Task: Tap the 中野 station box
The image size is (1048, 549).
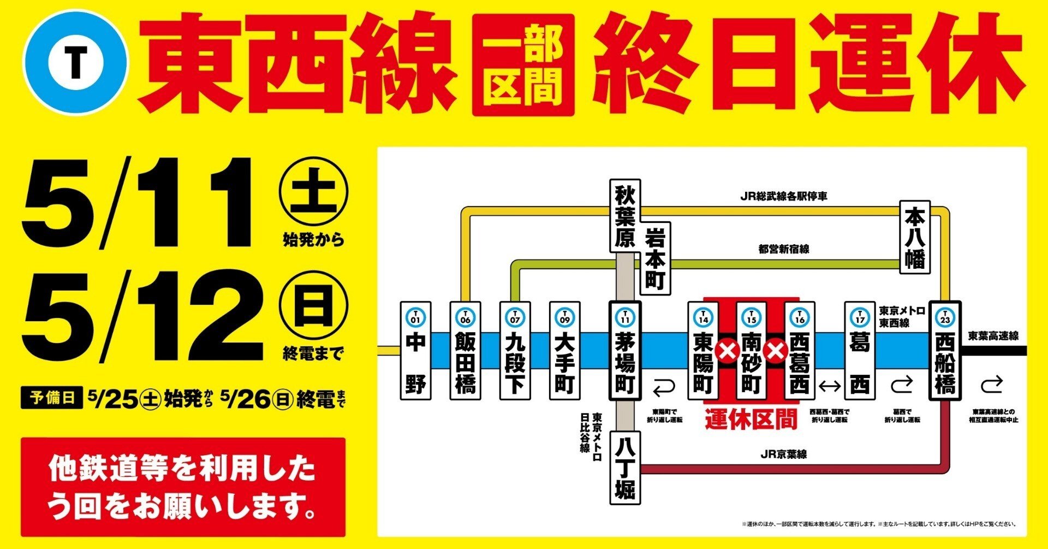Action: (415, 351)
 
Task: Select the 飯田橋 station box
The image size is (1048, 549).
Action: (465, 351)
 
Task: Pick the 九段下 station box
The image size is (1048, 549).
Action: (515, 351)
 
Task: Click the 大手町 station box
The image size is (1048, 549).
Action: (564, 351)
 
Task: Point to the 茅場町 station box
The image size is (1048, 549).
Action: (625, 351)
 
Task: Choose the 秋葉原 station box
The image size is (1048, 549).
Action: (624, 216)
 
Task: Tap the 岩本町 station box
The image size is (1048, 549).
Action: (654, 258)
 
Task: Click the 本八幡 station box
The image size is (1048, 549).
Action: (915, 237)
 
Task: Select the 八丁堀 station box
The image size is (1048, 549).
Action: (625, 468)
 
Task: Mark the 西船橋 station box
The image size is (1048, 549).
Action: (945, 351)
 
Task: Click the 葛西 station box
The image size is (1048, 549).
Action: (860, 351)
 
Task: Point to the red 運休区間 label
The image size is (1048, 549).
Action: (751, 420)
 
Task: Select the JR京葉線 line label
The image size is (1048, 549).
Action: (783, 454)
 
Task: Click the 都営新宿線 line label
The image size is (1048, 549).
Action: (783, 249)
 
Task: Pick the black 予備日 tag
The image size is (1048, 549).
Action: (52, 398)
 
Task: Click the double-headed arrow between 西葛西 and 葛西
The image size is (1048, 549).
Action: (830, 386)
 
